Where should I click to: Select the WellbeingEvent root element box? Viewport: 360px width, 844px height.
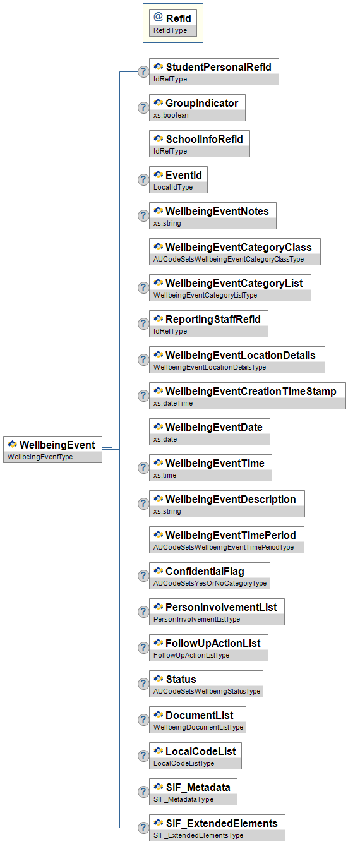click(52, 449)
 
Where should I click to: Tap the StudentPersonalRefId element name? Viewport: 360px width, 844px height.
click(219, 67)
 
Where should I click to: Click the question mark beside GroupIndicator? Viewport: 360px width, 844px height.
click(143, 107)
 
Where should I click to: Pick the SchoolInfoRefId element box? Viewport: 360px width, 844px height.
click(199, 143)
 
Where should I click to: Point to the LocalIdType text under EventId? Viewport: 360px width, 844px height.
click(173, 187)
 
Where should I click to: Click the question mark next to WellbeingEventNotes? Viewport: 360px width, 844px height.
click(143, 215)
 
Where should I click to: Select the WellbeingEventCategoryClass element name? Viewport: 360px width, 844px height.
click(238, 247)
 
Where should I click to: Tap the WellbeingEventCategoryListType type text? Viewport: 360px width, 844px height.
click(205, 295)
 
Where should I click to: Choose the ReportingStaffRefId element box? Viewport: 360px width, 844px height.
click(208, 323)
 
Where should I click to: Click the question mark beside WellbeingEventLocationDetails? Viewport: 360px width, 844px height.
click(143, 359)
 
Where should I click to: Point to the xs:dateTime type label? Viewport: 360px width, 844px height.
click(173, 403)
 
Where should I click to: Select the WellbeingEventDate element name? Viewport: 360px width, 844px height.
click(214, 427)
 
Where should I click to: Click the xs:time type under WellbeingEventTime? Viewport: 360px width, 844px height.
click(165, 475)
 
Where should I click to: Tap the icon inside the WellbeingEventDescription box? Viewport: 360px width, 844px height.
click(159, 498)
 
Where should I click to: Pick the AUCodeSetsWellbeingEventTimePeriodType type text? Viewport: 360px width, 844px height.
click(224, 547)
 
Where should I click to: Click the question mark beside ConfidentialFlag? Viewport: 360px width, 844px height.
click(143, 576)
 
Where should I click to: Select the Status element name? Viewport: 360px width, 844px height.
click(181, 679)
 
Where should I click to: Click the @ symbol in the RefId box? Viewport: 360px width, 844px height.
click(158, 17)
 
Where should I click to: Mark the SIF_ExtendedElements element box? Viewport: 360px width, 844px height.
click(217, 828)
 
